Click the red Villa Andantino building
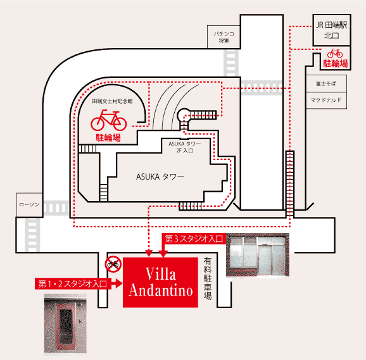pyautogui.click(x=161, y=283)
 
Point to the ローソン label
pyautogui.click(x=29, y=204)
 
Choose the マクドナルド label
pyautogui.click(x=326, y=100)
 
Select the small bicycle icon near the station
pyautogui.click(x=335, y=54)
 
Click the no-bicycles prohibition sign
pyautogui.click(x=113, y=264)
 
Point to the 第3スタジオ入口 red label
pyautogui.click(x=193, y=239)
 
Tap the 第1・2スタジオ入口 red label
pyautogui.click(x=72, y=283)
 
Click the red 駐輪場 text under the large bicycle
pyautogui.click(x=108, y=136)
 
